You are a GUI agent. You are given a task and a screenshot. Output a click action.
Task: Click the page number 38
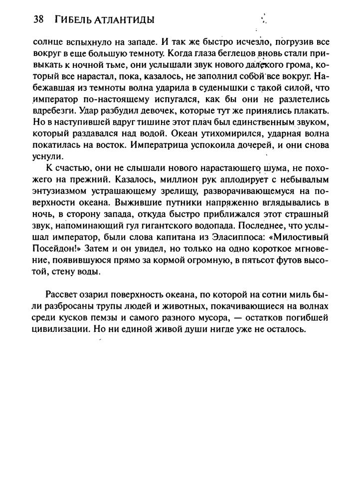(x=38, y=20)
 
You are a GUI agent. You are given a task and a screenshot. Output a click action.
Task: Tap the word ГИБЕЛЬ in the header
(x=74, y=20)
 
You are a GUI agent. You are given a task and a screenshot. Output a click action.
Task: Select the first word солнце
(x=47, y=41)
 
